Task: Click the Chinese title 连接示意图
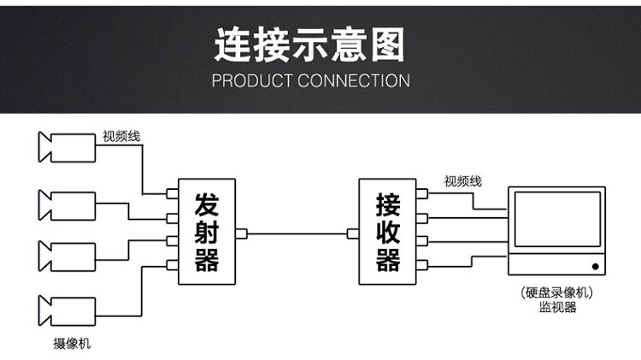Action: (309, 44)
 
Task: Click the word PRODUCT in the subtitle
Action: (253, 81)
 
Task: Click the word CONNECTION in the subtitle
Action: (354, 81)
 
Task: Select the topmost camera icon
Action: (66, 146)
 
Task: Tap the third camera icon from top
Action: (66, 256)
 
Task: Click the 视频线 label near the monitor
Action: (462, 181)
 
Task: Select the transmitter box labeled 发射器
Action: (206, 232)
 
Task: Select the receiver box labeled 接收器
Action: (387, 232)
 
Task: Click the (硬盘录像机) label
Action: (556, 292)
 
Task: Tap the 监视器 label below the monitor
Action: (556, 308)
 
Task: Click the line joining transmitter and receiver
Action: (297, 233)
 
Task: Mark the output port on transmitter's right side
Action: (241, 233)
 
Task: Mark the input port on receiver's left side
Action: (352, 233)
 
